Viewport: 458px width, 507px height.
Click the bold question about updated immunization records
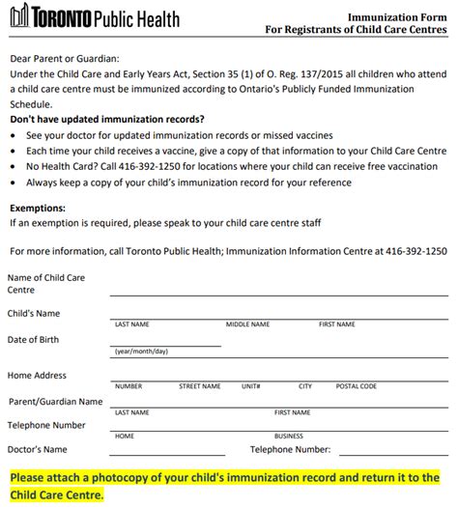(107, 118)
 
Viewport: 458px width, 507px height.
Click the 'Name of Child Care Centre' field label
(49, 284)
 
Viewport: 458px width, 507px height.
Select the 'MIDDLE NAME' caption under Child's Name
(247, 324)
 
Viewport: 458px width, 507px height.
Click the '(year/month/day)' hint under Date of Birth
(141, 351)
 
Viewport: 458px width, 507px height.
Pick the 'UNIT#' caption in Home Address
(251, 386)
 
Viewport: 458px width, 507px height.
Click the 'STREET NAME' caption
(200, 386)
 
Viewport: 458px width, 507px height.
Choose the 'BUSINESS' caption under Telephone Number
(288, 436)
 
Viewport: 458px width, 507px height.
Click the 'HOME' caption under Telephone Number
(125, 436)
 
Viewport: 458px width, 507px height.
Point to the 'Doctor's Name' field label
(38, 449)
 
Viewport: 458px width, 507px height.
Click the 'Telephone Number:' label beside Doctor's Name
(290, 449)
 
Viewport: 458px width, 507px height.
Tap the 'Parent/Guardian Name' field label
(55, 401)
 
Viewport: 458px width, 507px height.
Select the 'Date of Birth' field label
(33, 339)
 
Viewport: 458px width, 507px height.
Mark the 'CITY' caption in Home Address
(305, 386)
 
